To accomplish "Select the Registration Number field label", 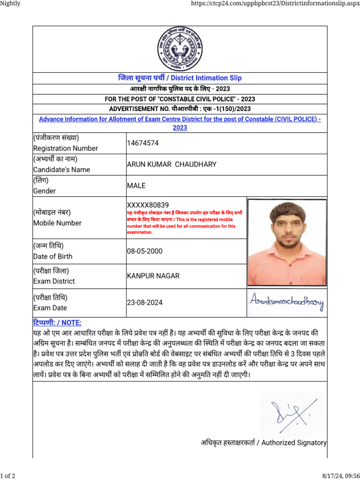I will [65, 148].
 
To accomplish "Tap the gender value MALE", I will [136, 186].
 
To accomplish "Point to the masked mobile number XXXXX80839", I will [148, 205].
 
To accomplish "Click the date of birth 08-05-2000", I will [145, 251].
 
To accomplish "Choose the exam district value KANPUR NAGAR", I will [153, 276].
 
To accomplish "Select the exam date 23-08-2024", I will [145, 303].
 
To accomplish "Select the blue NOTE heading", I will [57, 323].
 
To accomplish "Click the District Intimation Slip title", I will [180, 78].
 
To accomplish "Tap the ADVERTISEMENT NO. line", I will [180, 109].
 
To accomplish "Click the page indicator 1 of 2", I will [7, 476].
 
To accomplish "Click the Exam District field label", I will [53, 281].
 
